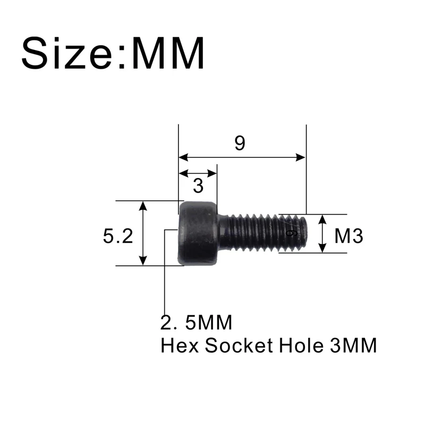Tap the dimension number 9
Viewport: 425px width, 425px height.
click(240, 143)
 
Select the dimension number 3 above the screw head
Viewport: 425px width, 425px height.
click(198, 186)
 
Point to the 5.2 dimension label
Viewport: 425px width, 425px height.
click(118, 235)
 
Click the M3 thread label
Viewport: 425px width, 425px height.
click(348, 235)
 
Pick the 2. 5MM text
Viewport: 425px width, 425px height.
click(197, 322)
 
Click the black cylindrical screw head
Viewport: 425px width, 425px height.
click(198, 233)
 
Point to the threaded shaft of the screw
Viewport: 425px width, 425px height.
click(255, 233)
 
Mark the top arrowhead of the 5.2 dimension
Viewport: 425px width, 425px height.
click(142, 206)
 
